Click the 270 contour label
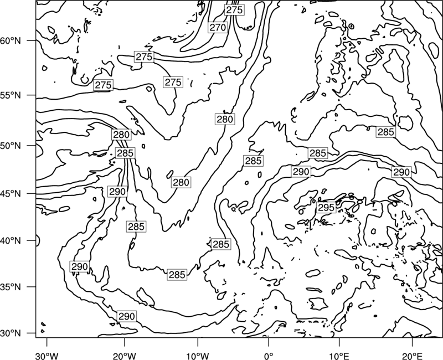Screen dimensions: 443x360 tap(218, 27)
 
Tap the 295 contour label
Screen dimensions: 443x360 tap(326, 207)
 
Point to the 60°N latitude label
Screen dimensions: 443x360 tap(11, 40)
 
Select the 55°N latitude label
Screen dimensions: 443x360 tap(11, 95)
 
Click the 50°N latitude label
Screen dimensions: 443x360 tap(11, 146)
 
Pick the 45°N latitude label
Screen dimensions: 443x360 tap(11, 193)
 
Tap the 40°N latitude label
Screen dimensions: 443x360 tap(11, 240)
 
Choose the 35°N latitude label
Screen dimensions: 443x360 tap(11, 287)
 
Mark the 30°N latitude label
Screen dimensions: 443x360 tap(11, 333)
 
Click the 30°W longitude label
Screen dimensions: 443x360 tap(47, 356)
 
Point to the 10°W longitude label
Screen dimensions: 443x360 tap(197, 356)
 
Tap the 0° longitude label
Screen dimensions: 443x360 tap(269, 356)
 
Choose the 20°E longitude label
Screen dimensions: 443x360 tap(412, 356)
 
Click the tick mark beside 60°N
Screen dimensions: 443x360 tap(32, 40)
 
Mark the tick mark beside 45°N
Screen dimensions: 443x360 tap(32, 193)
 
